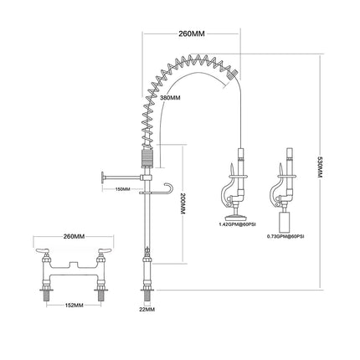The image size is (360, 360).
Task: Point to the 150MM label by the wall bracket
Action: [122, 189]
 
